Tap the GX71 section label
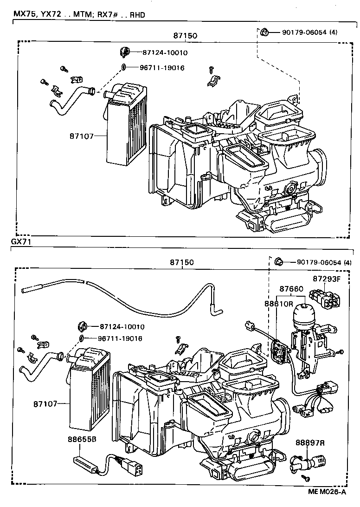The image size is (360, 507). point(20,242)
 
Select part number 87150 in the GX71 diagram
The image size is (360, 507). point(181,262)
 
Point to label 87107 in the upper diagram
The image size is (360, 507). point(82,136)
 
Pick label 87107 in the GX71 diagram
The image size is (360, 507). point(45,403)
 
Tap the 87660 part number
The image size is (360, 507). point(291,289)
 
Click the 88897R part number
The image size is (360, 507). point(310,443)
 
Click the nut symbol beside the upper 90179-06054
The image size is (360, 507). point(264,32)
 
